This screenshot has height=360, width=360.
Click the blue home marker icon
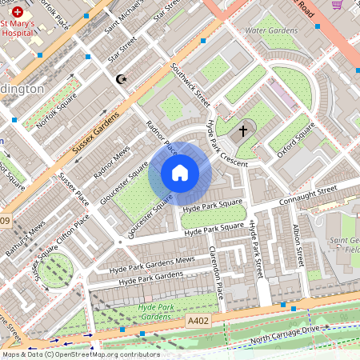click(x=180, y=173)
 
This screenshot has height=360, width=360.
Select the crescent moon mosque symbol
click(x=122, y=79)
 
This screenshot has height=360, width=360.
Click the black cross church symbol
click(x=243, y=130)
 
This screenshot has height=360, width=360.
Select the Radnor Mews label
click(x=111, y=162)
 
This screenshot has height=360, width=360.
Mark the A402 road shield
click(x=198, y=320)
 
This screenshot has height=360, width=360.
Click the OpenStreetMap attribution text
click(x=80, y=354)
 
